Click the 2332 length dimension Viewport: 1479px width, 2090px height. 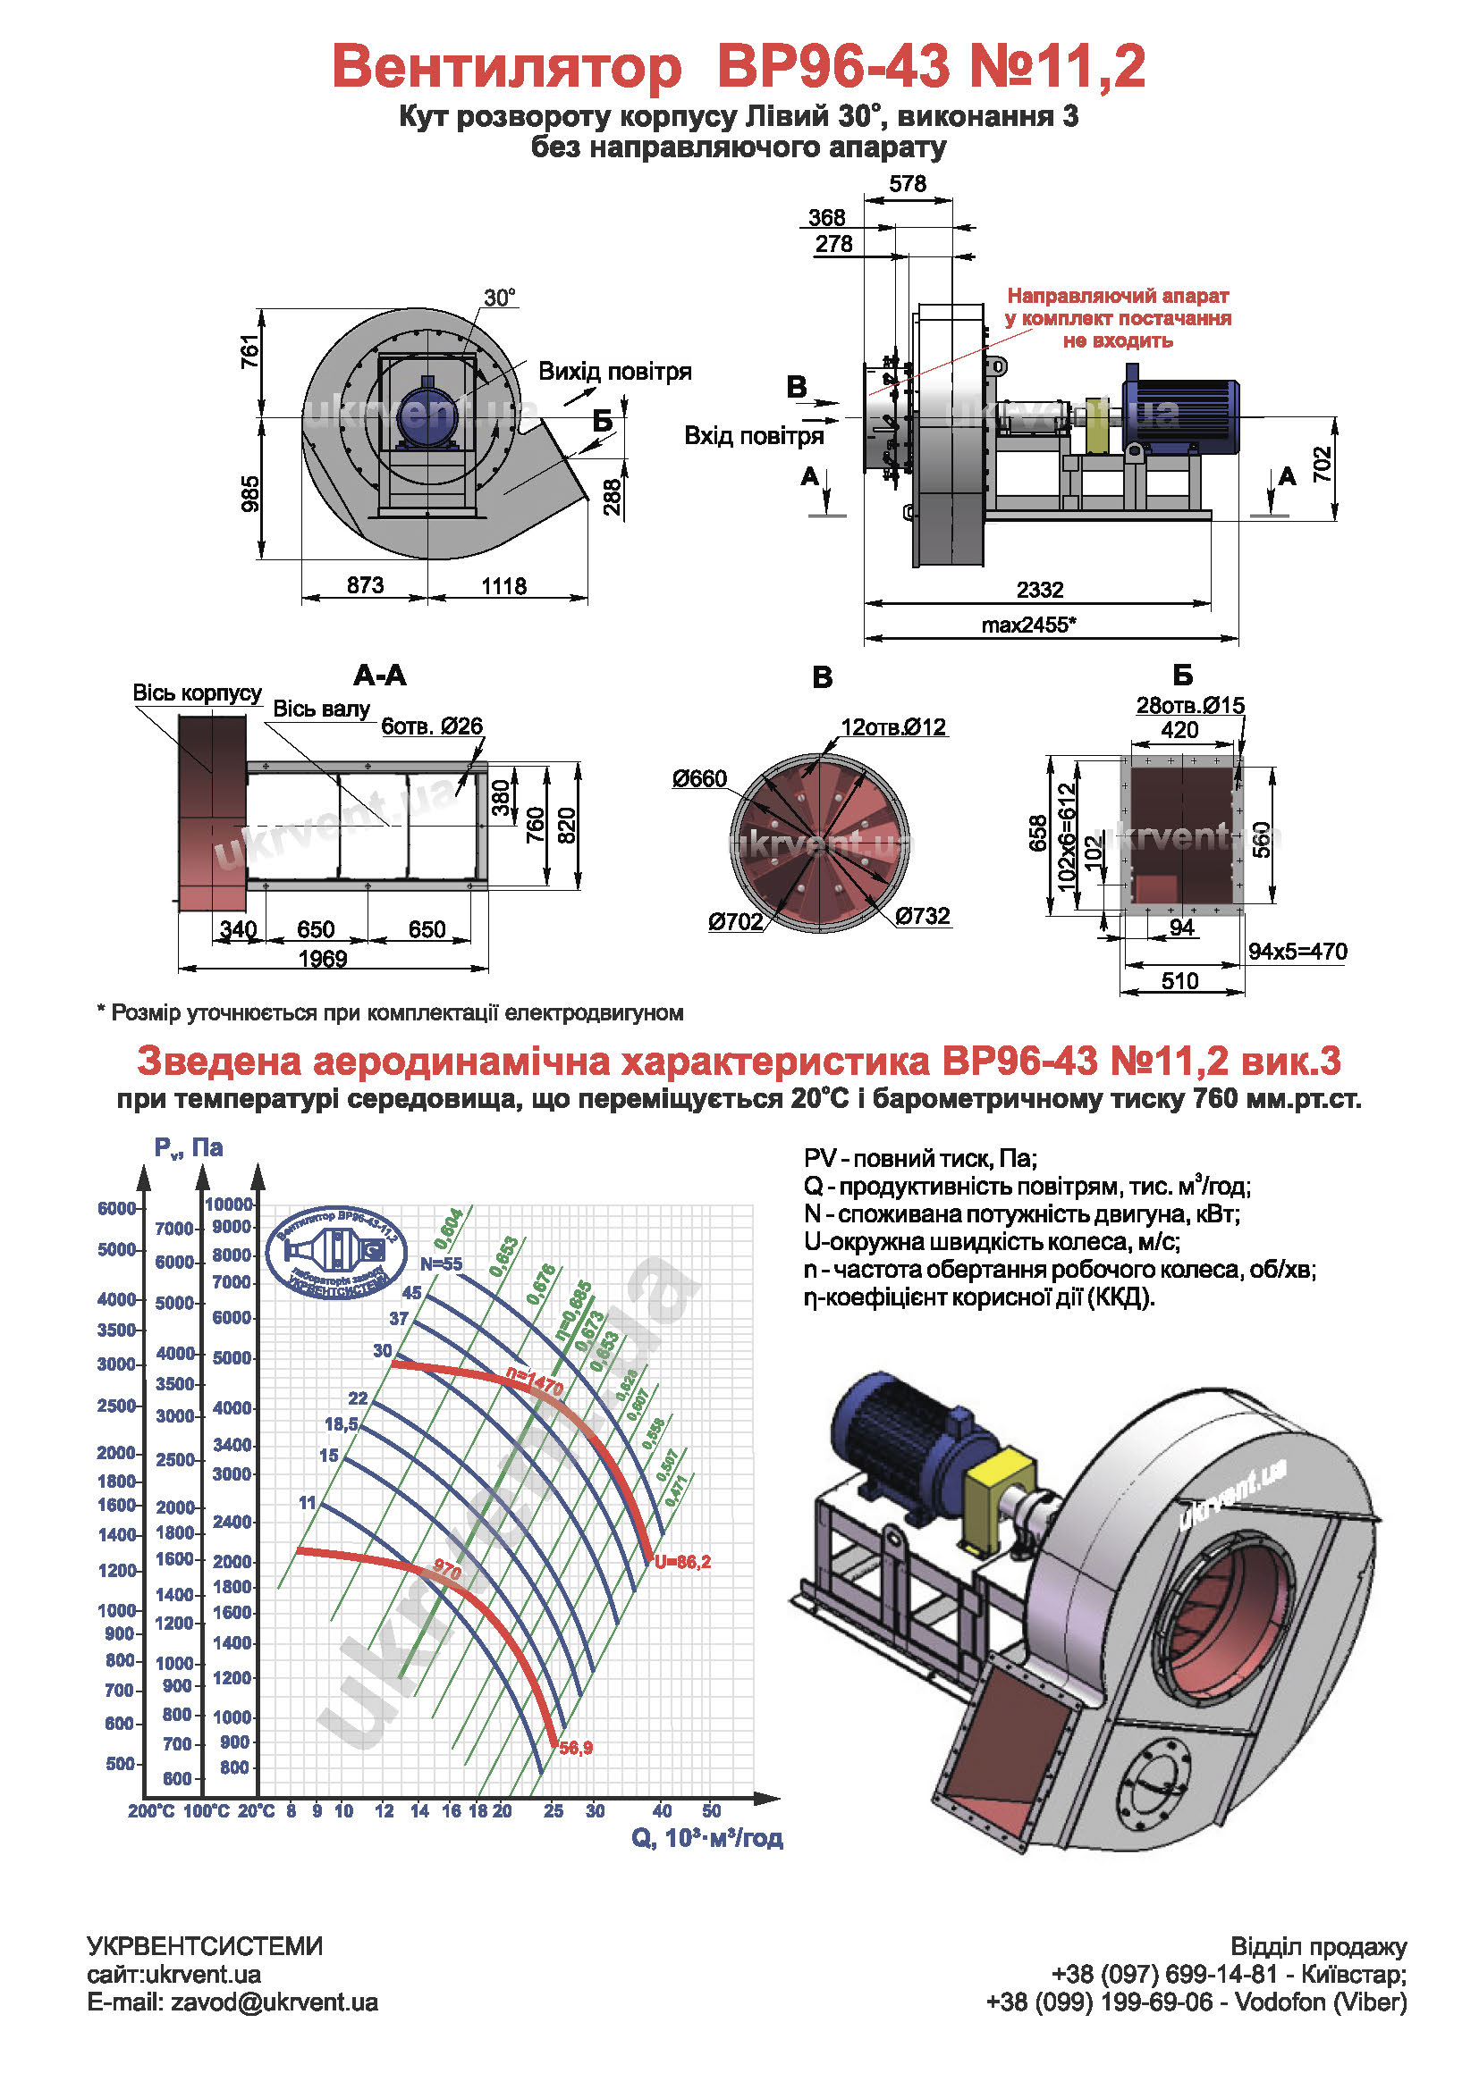point(1039,590)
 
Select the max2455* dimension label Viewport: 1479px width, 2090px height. point(1028,625)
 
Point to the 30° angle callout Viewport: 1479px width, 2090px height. point(499,298)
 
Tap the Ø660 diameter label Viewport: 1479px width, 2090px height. point(699,779)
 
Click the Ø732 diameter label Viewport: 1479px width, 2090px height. point(922,916)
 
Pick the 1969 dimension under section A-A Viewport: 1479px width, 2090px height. point(323,960)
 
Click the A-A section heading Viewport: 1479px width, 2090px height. point(380,676)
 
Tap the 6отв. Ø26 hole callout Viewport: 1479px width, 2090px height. point(432,726)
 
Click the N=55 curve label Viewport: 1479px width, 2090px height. point(441,1264)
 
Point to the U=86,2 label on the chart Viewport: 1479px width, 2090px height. point(682,1562)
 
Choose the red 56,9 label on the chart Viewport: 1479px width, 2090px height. point(576,1748)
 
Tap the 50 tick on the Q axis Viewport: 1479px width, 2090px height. point(711,1810)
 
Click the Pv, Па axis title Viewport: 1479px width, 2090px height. point(189,1148)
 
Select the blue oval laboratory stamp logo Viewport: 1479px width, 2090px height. point(336,1253)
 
